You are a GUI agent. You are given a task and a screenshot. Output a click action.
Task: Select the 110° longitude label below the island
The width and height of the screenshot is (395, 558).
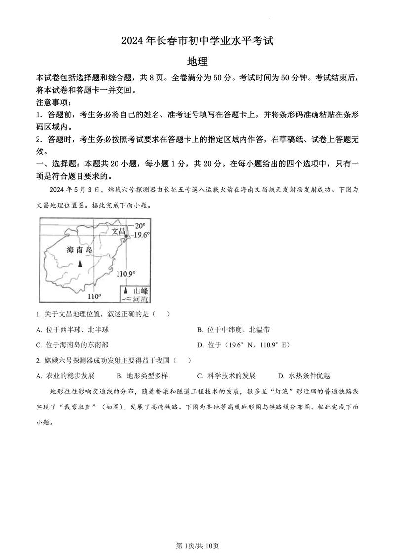pyautogui.click(x=94, y=296)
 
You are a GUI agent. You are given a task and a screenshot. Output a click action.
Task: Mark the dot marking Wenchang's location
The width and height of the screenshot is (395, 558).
pyautogui.click(x=126, y=237)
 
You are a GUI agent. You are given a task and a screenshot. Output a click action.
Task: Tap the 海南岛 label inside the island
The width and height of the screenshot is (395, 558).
pyautogui.click(x=79, y=250)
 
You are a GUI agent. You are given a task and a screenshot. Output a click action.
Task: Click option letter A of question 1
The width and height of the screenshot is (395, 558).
pyautogui.click(x=39, y=330)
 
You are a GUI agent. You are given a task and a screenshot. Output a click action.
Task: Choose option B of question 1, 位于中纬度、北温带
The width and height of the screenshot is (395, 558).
pyautogui.click(x=233, y=330)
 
